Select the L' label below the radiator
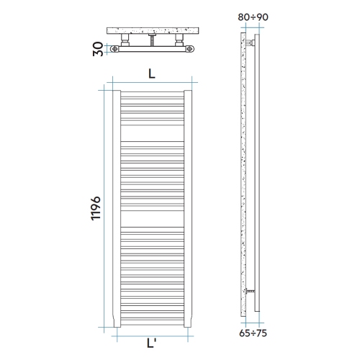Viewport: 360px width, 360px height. coord(153,344)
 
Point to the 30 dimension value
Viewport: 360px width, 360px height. coord(99,50)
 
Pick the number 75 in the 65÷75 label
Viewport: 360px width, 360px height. coord(263,333)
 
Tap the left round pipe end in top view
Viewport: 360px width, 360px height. coord(116,49)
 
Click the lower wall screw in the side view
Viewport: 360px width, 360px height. coord(248,292)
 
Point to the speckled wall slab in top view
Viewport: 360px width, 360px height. coord(151,30)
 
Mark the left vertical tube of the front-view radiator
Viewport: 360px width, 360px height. coord(116,209)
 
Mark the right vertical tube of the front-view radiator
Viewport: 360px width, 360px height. coord(188,209)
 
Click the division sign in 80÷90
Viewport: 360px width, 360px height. coord(253,14)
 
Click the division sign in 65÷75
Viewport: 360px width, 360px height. coord(253,333)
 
